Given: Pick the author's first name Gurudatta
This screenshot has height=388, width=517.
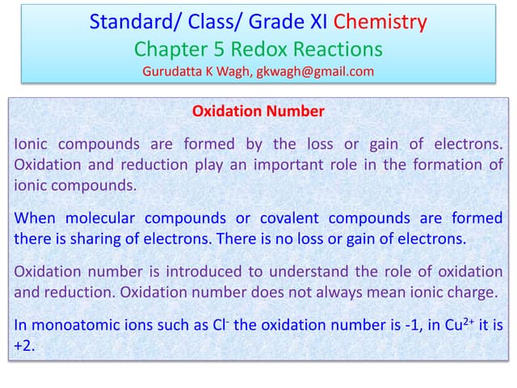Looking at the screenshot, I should pyautogui.click(x=172, y=71).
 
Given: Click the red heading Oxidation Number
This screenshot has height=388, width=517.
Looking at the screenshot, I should pyautogui.click(x=258, y=112).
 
